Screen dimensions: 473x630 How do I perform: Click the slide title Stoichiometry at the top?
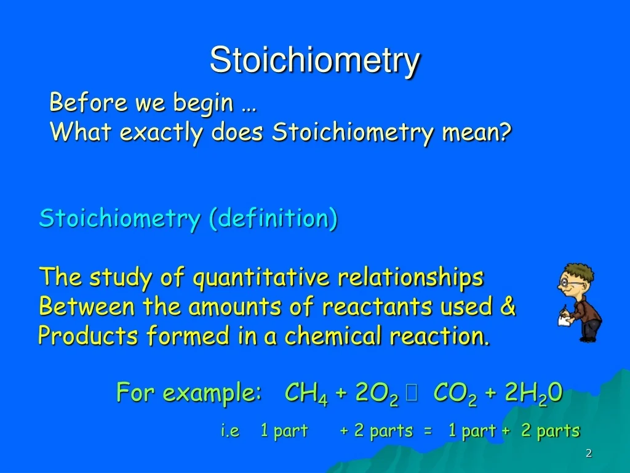[x=315, y=61]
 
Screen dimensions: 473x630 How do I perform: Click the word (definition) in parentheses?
[x=273, y=218]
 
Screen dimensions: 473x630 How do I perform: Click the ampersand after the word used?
[x=508, y=306]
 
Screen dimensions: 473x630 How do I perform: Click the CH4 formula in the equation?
[x=306, y=393]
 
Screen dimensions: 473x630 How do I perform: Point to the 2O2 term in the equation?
[x=377, y=393]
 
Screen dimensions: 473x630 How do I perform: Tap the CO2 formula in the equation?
[x=455, y=393]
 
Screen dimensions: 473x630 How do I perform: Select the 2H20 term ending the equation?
[x=533, y=393]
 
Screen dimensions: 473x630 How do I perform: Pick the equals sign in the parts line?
[x=428, y=431]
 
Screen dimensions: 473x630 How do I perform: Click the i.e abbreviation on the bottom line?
[x=230, y=431]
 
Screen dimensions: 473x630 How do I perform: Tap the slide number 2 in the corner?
[x=589, y=453]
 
